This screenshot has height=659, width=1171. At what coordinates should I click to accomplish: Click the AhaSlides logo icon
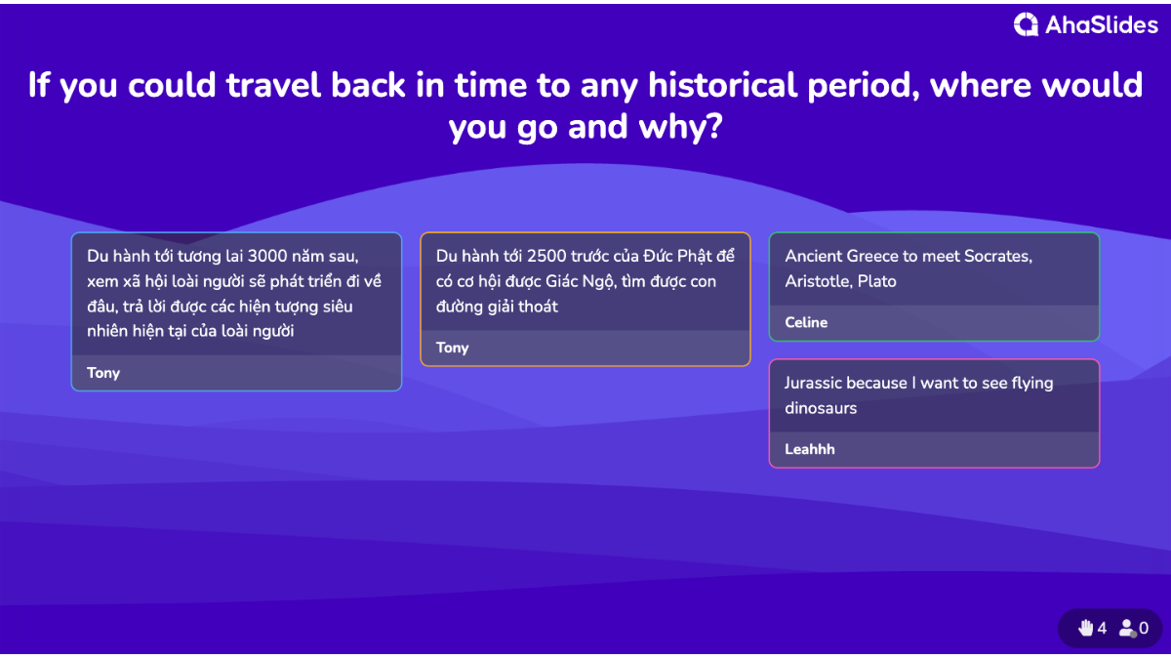coord(1026,24)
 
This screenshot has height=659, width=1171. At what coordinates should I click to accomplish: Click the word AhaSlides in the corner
coord(1102,25)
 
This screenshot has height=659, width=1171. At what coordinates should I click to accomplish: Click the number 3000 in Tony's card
coord(267,256)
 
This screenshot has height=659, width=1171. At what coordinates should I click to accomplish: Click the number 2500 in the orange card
coord(546,256)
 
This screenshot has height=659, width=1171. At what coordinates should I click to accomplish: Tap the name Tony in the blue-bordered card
coord(103,373)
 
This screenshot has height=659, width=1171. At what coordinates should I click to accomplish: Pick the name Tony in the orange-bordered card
coord(453,348)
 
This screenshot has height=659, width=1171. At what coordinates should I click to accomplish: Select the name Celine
coord(806,322)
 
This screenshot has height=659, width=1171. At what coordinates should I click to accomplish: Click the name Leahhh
coord(810,449)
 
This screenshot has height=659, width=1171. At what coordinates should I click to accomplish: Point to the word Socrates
coord(998,256)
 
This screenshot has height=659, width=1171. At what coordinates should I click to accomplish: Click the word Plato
coord(877,281)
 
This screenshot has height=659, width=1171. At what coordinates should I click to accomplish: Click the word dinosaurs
coord(821,408)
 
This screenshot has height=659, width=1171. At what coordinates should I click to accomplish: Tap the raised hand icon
coord(1086,628)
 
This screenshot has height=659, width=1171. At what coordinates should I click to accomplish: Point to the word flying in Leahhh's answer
coord(1032,384)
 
